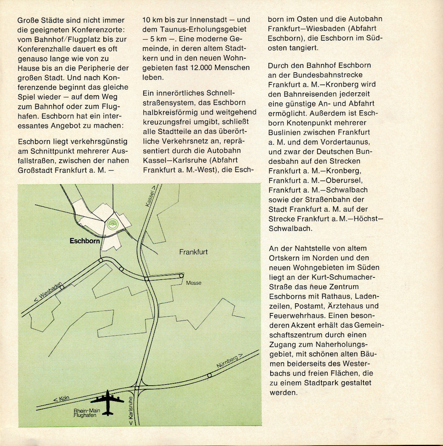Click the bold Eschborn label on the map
coord(85,241)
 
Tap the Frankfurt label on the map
coord(193,252)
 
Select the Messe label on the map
coord(194,283)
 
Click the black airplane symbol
coord(107,402)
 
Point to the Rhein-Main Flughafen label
coord(87,413)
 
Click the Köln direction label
coord(61,399)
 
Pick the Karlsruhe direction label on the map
coord(131,411)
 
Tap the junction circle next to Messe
coord(181,276)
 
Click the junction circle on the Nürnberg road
coord(210,375)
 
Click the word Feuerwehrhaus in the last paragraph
coord(297,315)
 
